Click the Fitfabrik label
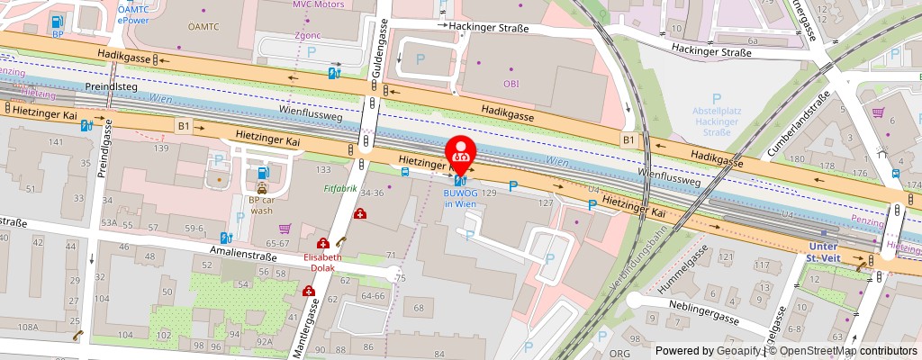pyautogui.click(x=340, y=190)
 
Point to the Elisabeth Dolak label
pyautogui.click(x=321, y=261)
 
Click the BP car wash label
pyautogui.click(x=261, y=206)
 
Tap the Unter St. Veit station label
pyautogui.click(x=824, y=252)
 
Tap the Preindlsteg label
pyautogui.click(x=111, y=87)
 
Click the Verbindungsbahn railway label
pyautogui.click(x=657, y=261)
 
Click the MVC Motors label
pyautogui.click(x=318, y=4)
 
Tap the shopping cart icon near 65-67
pyautogui.click(x=285, y=229)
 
